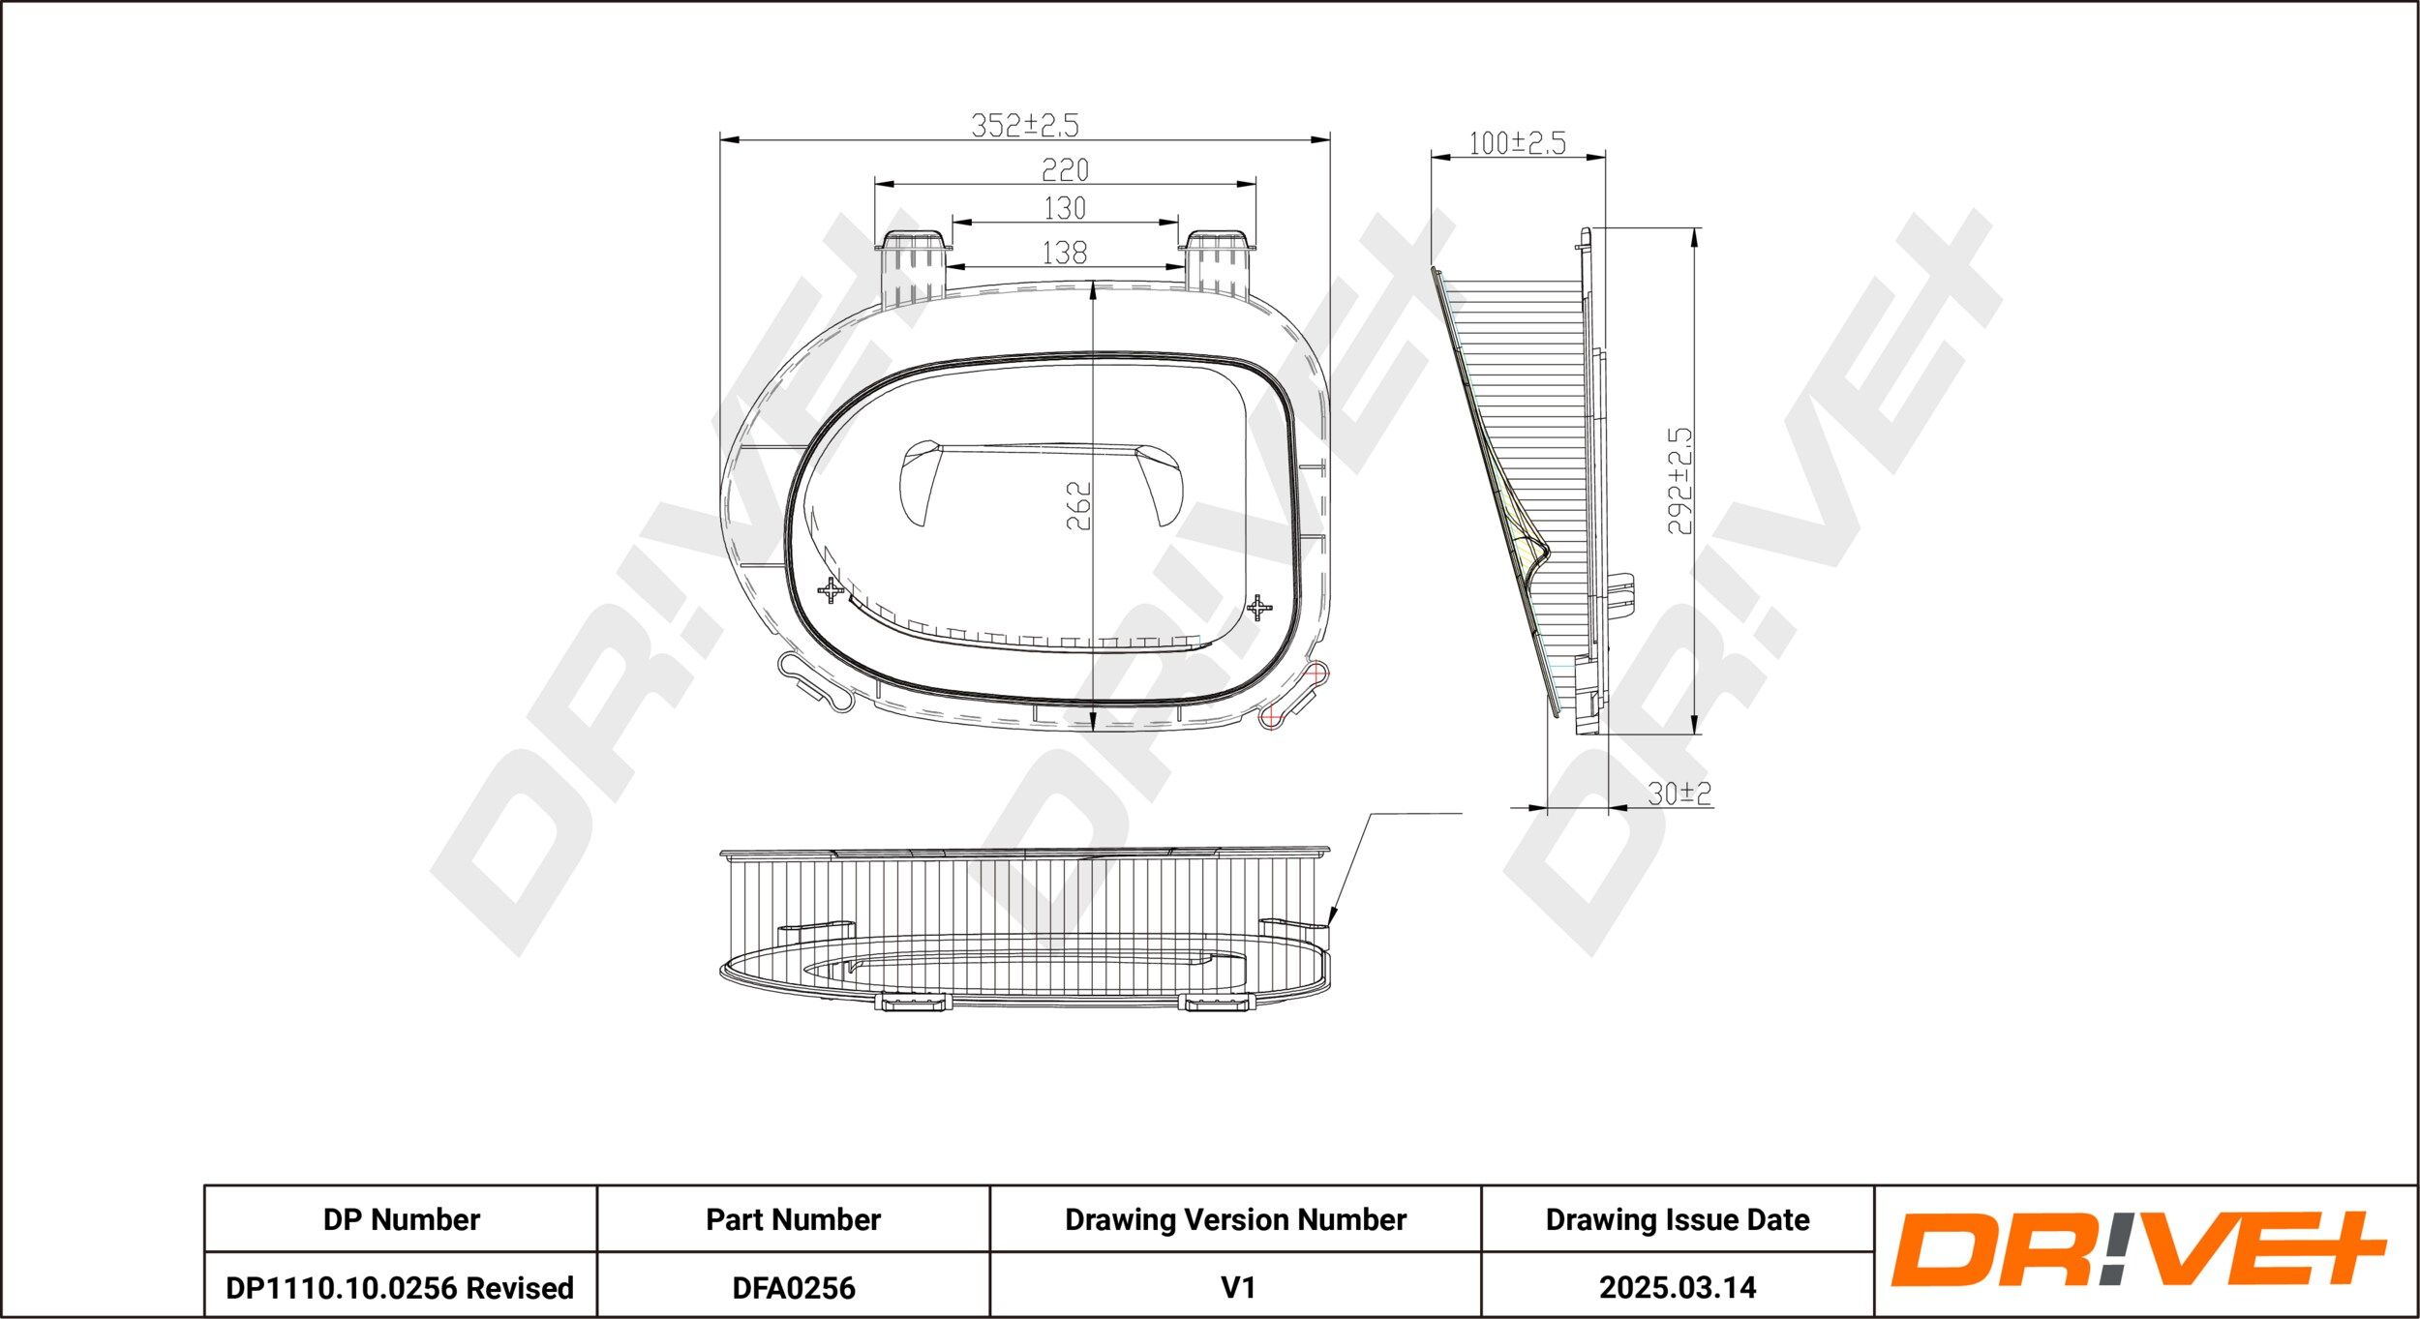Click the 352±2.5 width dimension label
(1024, 125)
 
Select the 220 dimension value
(1065, 170)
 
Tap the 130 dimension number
(1065, 208)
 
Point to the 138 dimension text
(1065, 253)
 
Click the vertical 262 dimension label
(1078, 505)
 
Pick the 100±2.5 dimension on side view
(1517, 143)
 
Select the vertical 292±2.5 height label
(1680, 481)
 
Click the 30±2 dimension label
(1679, 794)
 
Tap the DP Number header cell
(401, 1219)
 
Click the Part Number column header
(793, 1219)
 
